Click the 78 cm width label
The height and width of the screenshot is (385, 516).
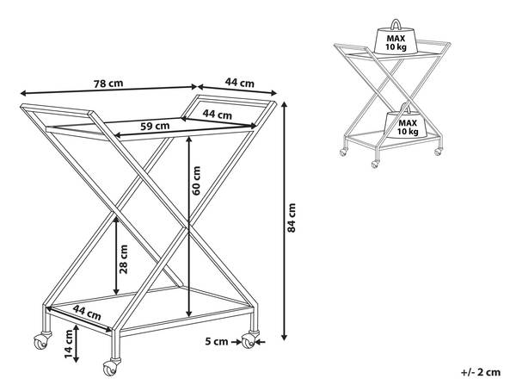coord(108,84)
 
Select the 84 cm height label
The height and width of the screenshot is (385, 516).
coord(292,218)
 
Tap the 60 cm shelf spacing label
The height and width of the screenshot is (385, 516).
coord(196,181)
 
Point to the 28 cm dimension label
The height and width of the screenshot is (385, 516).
coord(123,259)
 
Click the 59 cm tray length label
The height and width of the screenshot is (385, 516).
coord(155,126)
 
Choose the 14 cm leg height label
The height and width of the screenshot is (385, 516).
coord(69,345)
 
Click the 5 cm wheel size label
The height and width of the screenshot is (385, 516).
coord(217,341)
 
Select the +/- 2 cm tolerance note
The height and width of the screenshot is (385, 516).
coord(481,372)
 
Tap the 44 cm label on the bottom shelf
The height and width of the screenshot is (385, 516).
coord(87,313)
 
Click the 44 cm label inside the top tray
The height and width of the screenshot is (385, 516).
coord(218,114)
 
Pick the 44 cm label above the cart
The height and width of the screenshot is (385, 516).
coord(240,83)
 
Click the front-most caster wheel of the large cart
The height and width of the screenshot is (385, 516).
coord(110,368)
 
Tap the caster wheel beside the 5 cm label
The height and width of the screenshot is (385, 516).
coord(249,341)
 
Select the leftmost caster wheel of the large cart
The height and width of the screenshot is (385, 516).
coord(40,342)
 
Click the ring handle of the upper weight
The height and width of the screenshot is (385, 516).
coord(396,24)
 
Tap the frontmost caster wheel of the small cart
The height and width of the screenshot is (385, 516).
coord(374,165)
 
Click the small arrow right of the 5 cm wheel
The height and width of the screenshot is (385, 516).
coord(261,342)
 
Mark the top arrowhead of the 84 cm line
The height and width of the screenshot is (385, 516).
coord(285,105)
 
